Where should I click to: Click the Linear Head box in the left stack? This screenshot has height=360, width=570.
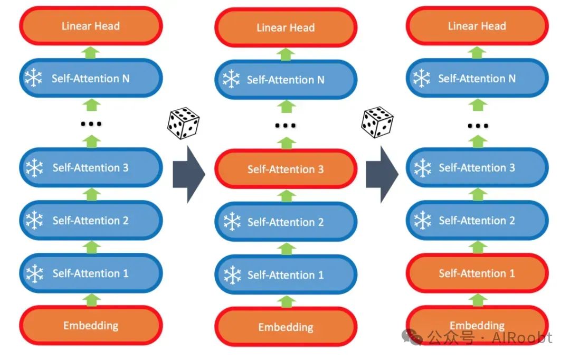pyautogui.click(x=91, y=26)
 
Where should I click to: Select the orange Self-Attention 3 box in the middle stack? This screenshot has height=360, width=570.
pyautogui.click(x=286, y=169)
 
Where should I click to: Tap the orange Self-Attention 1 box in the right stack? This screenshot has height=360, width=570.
pyautogui.click(x=477, y=273)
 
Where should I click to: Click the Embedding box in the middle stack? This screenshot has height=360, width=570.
pyautogui.click(x=286, y=327)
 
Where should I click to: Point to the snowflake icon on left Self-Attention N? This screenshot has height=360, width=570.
pyautogui.click(x=34, y=79)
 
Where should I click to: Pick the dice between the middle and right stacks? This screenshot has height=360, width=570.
pyautogui.click(x=377, y=122)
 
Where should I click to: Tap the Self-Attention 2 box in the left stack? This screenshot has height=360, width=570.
pyautogui.click(x=91, y=221)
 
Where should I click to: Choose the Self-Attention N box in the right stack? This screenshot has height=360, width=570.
pyautogui.click(x=477, y=79)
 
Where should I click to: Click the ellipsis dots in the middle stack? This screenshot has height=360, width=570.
pyautogui.click(x=286, y=126)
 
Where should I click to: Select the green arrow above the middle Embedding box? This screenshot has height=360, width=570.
pyautogui.click(x=286, y=301)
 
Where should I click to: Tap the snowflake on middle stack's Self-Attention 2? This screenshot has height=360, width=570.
pyautogui.click(x=231, y=222)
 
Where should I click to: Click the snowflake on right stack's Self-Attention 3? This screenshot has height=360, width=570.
pyautogui.click(x=422, y=168)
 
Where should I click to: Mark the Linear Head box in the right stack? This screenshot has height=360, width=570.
pyautogui.click(x=477, y=26)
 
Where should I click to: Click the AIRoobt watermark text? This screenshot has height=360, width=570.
pyautogui.click(x=522, y=338)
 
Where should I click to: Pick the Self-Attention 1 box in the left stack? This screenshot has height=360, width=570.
pyautogui.click(x=91, y=273)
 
